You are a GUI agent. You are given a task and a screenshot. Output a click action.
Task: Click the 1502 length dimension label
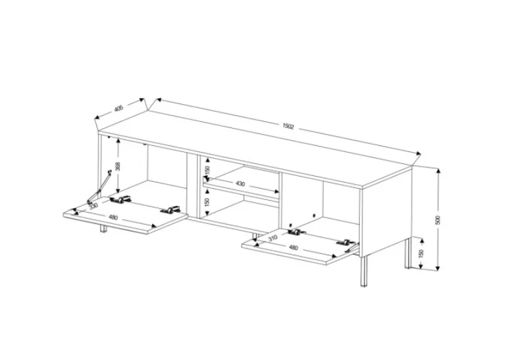pos(288,126)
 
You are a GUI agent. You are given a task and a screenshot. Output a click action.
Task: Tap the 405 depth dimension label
pos(119,108)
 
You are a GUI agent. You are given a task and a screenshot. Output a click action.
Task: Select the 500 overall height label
pos(438,220)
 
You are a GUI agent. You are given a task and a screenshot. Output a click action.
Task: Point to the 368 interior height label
pos(119,166)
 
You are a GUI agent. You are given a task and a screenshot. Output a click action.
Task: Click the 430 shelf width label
pos(241,184)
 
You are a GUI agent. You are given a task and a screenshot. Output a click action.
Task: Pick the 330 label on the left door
pos(93,206)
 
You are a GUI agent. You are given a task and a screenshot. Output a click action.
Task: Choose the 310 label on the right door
pos(272,238)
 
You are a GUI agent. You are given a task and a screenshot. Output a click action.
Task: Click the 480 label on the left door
pos(113,217)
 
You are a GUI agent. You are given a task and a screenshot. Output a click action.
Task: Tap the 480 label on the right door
pos(293,248)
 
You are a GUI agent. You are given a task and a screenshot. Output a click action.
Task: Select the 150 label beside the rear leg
pos(421,254)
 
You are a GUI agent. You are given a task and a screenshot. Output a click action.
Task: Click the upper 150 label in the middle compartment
pos(208,169)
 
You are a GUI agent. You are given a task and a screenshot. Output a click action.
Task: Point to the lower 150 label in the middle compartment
pos(208,202)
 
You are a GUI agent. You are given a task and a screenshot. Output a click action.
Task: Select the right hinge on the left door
pos(171,210)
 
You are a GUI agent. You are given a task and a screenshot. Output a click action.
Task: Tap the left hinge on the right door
pos(296,233)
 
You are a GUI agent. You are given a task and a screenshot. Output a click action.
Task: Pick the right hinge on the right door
pos(346,242)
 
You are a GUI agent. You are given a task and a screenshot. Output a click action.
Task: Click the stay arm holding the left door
pos(99,187)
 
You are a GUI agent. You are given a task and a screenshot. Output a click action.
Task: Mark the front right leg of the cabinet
pos(364,271)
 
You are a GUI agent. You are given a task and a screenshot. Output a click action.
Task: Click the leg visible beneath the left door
pos(103,229)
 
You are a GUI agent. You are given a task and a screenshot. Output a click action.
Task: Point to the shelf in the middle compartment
pos(241,186)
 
